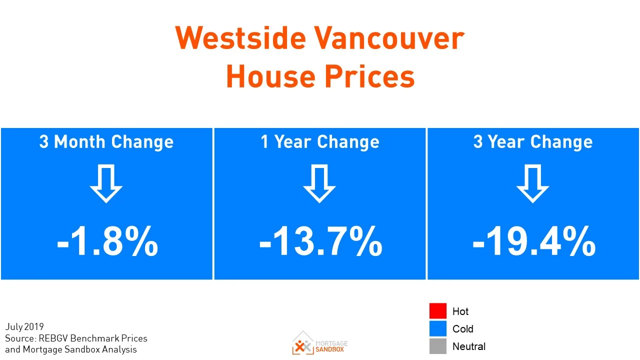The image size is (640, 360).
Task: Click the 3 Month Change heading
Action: [x=106, y=142]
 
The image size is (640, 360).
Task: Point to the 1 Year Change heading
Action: [x=320, y=142]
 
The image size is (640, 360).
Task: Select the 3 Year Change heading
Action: [x=533, y=142]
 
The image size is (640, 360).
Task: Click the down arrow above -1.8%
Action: [x=106, y=184]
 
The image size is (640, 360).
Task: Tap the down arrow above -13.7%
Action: [x=319, y=184]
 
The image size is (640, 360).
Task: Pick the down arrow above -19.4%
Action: [x=532, y=184]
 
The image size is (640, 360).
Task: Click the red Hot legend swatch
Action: [x=437, y=311]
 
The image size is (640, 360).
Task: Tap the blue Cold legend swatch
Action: [x=437, y=328]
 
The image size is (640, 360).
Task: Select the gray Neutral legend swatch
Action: [x=437, y=346]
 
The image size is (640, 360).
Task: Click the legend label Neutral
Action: [x=468, y=346]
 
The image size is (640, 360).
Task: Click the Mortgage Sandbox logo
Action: [x=320, y=343]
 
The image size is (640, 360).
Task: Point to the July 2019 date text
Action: [x=24, y=327]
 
